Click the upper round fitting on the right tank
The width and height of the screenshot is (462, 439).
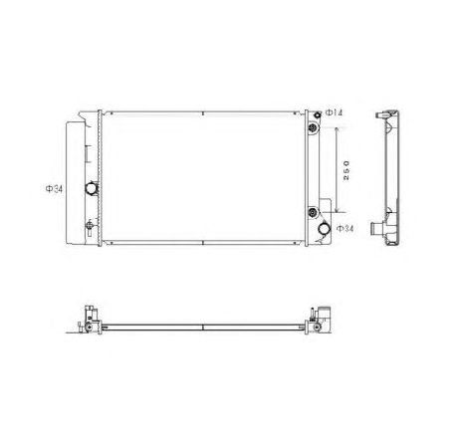point(316,130)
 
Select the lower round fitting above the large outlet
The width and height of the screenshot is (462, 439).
point(316,211)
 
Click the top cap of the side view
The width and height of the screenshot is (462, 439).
point(386,111)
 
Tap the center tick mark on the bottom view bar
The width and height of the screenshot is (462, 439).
point(203,325)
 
